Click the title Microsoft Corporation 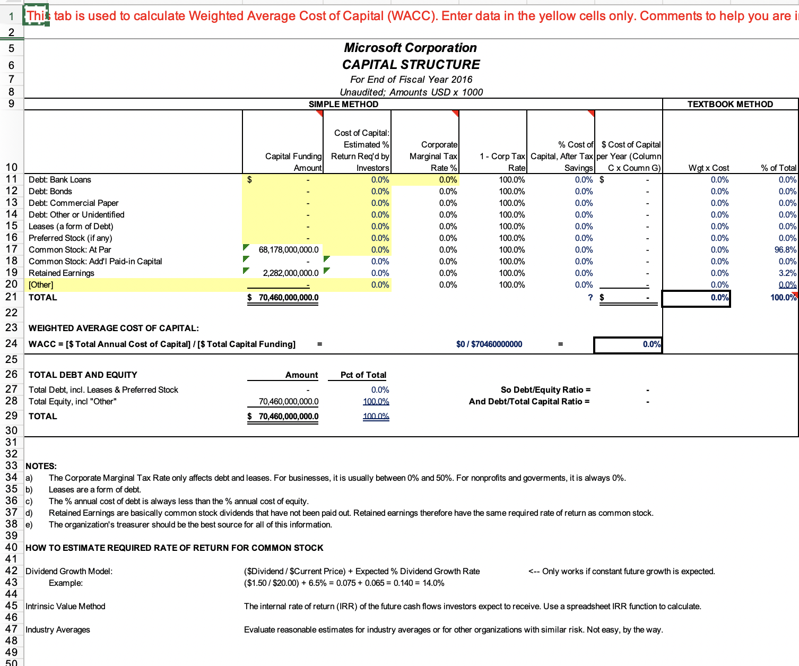tap(410, 48)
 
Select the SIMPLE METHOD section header tap(343, 105)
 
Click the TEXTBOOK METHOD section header tap(730, 105)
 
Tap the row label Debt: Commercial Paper tap(73, 203)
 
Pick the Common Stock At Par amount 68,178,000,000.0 tap(289, 250)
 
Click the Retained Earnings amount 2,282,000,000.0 tap(291, 273)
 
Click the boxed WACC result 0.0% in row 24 tap(628, 344)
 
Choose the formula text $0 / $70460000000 tap(489, 344)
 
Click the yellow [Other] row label tap(41, 285)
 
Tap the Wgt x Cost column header tap(708, 168)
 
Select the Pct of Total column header tap(363, 375)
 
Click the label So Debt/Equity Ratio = tap(545, 390)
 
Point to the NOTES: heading tap(41, 466)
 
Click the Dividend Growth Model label tap(69, 572)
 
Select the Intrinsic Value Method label tap(65, 607)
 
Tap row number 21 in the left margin tap(11, 297)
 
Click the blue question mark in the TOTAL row tap(590, 298)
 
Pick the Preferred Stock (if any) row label tap(70, 238)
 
